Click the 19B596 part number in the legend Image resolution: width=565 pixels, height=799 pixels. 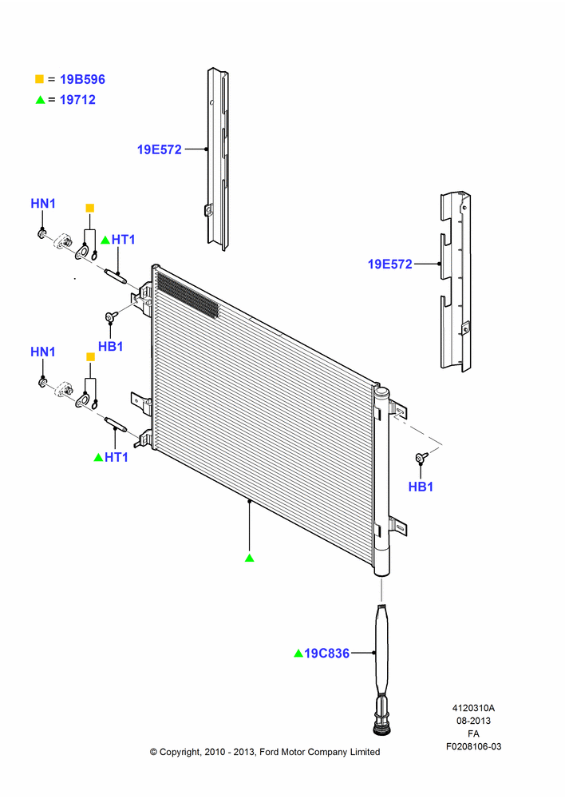(82, 79)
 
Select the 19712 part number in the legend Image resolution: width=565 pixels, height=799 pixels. (77, 100)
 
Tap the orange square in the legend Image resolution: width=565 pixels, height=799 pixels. (39, 79)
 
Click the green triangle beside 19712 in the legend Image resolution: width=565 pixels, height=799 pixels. (40, 100)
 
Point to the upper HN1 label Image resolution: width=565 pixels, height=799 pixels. (43, 203)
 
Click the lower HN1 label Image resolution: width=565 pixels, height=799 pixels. (43, 352)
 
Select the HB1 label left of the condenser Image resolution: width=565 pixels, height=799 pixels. (110, 347)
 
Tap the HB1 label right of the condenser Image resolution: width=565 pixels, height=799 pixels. (421, 487)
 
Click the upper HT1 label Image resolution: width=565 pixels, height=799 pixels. (123, 240)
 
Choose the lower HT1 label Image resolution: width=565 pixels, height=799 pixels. (116, 458)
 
